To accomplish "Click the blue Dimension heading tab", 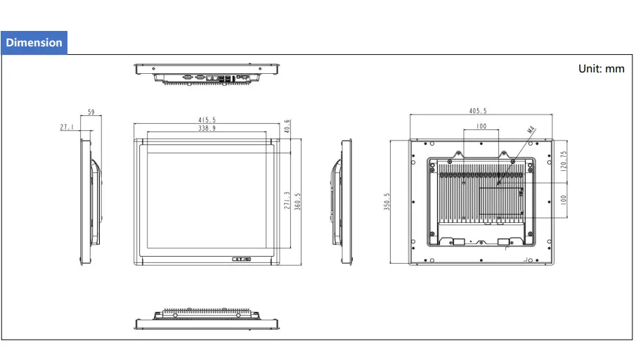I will coord(34,42).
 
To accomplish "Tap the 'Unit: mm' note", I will coord(601,69).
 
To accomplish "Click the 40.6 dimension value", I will coord(287,127).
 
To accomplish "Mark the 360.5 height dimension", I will coord(297,201).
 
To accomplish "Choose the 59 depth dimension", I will coord(91,112).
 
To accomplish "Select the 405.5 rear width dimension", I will coord(477,111).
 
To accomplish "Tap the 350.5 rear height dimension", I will coord(386,201).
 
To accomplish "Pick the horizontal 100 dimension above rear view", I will coord(481,127).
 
